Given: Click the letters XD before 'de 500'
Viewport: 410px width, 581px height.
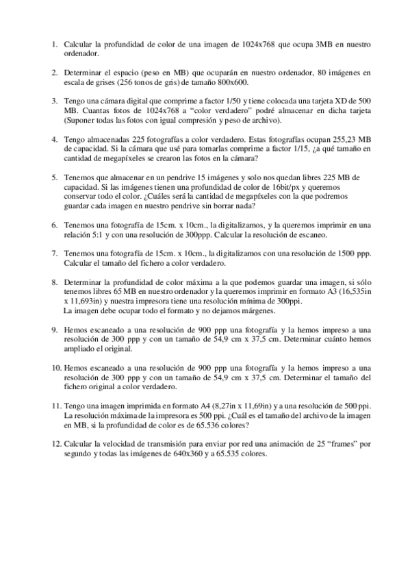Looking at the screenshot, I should (x=339, y=100).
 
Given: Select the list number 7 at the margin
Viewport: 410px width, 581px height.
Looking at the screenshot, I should (x=54, y=253).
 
